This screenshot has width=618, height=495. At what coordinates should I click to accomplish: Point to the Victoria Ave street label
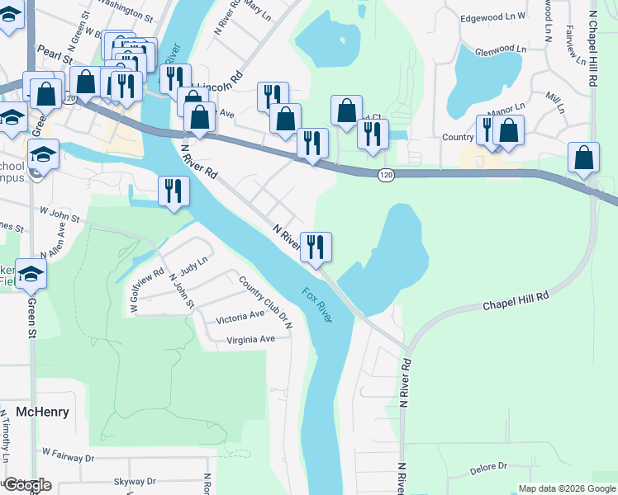[x=240, y=315]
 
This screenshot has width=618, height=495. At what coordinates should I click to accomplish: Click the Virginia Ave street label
[x=245, y=339]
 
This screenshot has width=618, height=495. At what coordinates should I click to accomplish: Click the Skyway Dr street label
[x=135, y=481]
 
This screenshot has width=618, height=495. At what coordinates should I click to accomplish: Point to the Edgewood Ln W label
[x=492, y=17]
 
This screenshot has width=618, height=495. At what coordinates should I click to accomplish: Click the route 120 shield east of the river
[x=385, y=175]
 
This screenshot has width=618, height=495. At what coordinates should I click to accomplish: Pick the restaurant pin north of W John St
[x=173, y=191]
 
